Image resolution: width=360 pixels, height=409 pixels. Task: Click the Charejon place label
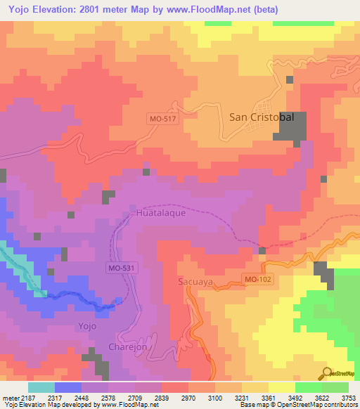click(x=129, y=347)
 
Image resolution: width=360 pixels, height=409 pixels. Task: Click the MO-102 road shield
click(x=257, y=280)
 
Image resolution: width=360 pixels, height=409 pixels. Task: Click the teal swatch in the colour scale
click(x=41, y=387)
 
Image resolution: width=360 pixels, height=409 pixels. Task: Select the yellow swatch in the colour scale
click(x=281, y=387)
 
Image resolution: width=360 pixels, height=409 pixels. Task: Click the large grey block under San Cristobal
click(x=290, y=127)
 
